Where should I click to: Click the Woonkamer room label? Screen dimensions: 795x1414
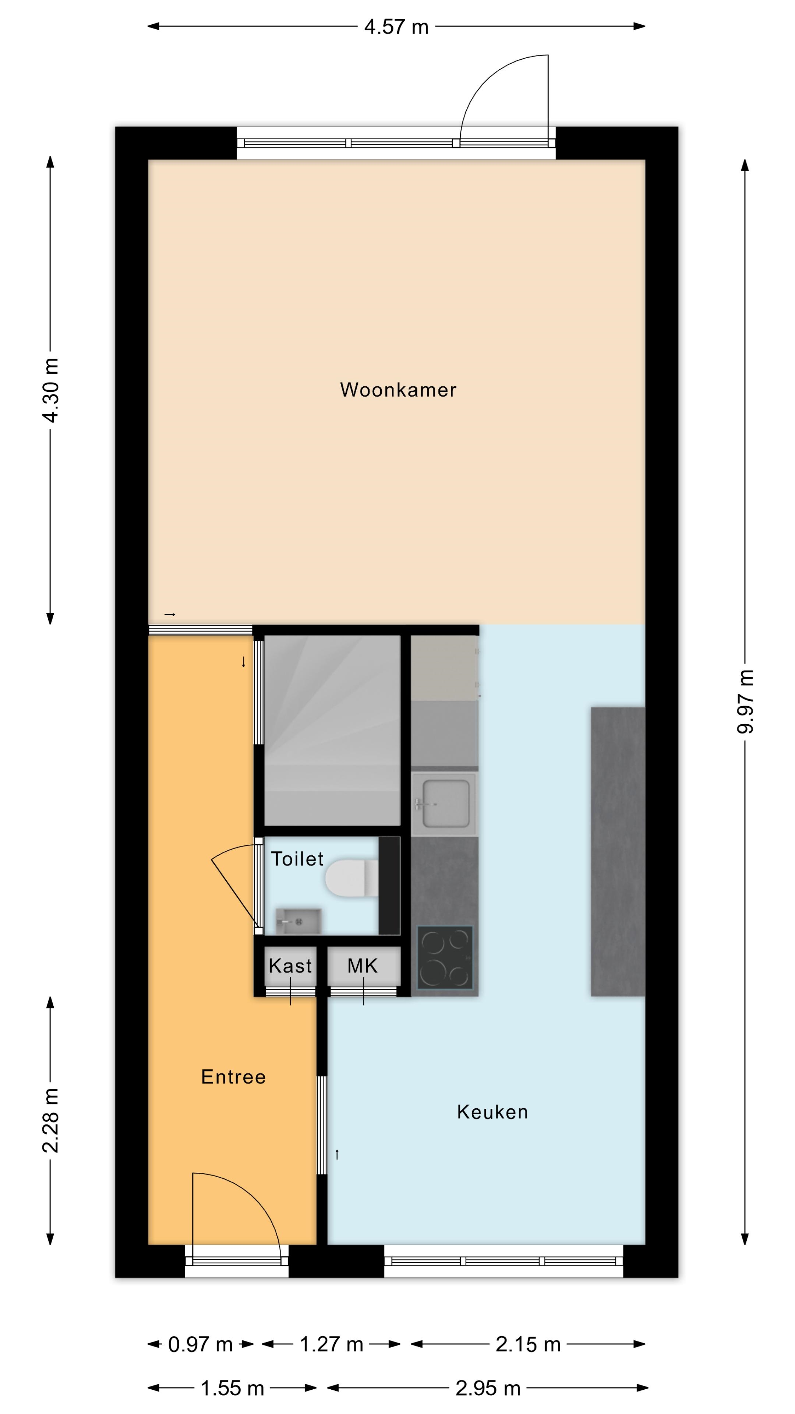[x=398, y=390]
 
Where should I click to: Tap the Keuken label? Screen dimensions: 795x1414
[x=492, y=1112]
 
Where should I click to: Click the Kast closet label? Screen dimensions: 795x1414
[x=290, y=965]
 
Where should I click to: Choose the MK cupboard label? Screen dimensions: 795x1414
[x=363, y=965]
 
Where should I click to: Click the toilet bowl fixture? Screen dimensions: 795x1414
[x=351, y=878]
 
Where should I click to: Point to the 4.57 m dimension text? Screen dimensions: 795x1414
[x=396, y=27]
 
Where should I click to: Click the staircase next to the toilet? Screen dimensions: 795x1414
[x=332, y=730]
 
